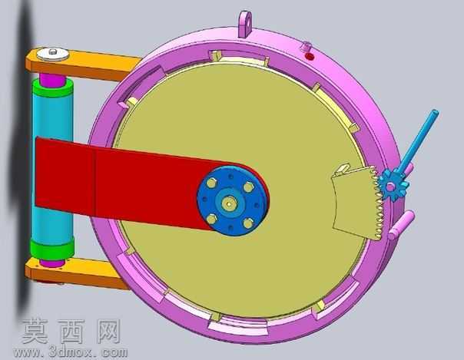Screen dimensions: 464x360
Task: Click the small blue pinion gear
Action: click(x=393, y=185)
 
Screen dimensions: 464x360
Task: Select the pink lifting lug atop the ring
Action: click(x=245, y=25)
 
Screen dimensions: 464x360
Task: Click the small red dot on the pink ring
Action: click(x=309, y=57)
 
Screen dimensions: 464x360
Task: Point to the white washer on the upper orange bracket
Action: click(x=53, y=54)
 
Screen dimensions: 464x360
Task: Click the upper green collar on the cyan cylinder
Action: click(x=53, y=88)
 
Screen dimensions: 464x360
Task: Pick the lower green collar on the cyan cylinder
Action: click(x=52, y=249)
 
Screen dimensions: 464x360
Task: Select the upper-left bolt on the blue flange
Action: click(x=211, y=183)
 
